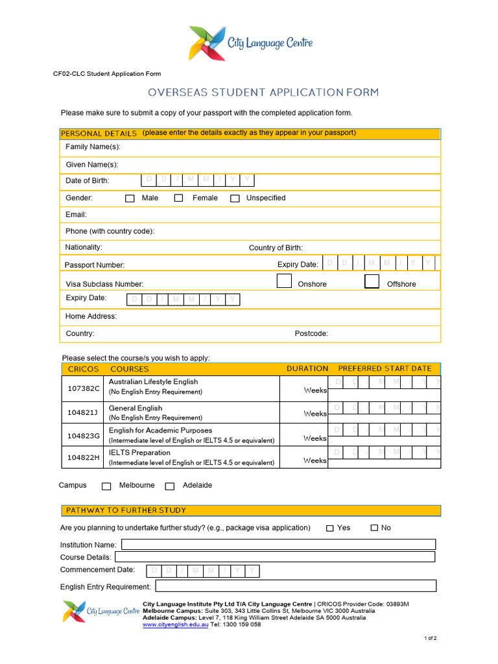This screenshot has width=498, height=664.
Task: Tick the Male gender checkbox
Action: click(130, 198)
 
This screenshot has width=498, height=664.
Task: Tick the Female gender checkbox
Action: click(178, 198)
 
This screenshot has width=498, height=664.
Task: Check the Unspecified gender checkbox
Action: click(235, 198)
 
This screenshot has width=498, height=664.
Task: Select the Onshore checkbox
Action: click(284, 281)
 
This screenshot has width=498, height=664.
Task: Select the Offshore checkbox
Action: click(372, 281)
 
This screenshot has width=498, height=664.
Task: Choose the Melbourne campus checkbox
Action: click(106, 486)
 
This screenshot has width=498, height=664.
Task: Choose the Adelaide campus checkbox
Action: click(170, 486)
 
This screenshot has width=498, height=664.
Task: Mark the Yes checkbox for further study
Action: click(329, 528)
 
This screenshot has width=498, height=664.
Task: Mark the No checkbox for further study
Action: click(374, 528)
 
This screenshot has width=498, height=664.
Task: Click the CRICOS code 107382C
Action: click(84, 388)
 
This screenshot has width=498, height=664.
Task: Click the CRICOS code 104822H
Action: click(84, 458)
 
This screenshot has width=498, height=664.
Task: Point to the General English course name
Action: click(136, 408)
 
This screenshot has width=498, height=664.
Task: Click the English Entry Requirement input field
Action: click(296, 586)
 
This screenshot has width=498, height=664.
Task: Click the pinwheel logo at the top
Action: click(207, 43)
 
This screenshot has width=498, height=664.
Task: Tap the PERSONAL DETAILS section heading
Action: click(99, 134)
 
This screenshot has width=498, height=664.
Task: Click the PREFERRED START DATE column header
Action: click(385, 368)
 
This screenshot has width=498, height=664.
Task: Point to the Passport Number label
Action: click(95, 265)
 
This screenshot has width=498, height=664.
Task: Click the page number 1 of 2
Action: click(431, 639)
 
